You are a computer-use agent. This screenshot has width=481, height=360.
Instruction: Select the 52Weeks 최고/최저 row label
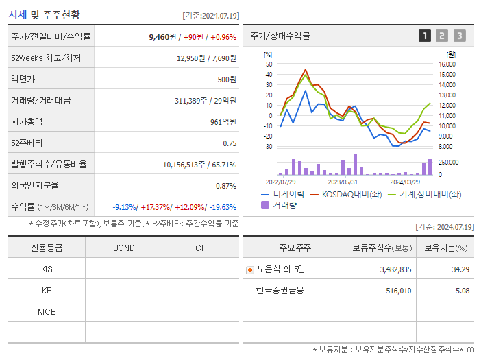[46, 58]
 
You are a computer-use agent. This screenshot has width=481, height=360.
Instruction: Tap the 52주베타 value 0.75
[230, 143]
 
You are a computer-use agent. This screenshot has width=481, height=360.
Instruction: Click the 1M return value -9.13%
[124, 207]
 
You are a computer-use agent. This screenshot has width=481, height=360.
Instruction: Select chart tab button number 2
[442, 36]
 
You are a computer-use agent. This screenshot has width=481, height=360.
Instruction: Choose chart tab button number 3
[459, 36]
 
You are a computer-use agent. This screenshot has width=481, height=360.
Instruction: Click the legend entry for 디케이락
[283, 195]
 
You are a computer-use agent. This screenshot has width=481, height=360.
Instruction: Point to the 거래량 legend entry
[279, 205]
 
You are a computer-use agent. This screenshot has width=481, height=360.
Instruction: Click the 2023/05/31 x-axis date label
[343, 182]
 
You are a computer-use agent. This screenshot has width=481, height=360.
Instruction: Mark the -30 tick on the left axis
[269, 147]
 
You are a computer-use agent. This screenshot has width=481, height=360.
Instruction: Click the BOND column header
[123, 248]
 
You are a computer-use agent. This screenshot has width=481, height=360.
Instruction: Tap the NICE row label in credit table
[47, 311]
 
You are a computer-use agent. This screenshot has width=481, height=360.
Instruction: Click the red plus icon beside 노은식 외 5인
[250, 270]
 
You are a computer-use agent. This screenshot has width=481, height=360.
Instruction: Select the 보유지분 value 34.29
[460, 269]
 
